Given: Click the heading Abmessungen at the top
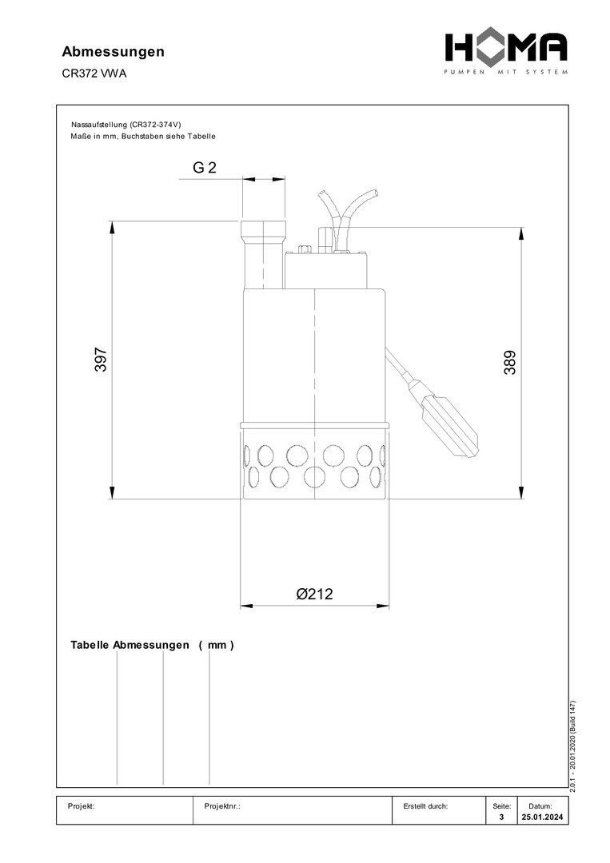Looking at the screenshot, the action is click(113, 52).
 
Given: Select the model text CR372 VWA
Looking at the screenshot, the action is click(94, 74).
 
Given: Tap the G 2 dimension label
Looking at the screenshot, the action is click(204, 167).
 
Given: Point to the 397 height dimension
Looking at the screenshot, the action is click(101, 360).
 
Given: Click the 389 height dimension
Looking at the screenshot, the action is click(510, 363).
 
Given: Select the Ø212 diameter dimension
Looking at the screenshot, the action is click(314, 594).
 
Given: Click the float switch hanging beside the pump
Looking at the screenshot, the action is click(449, 424).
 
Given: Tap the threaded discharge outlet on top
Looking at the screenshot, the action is click(263, 254).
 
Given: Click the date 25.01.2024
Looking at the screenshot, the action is click(542, 817).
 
